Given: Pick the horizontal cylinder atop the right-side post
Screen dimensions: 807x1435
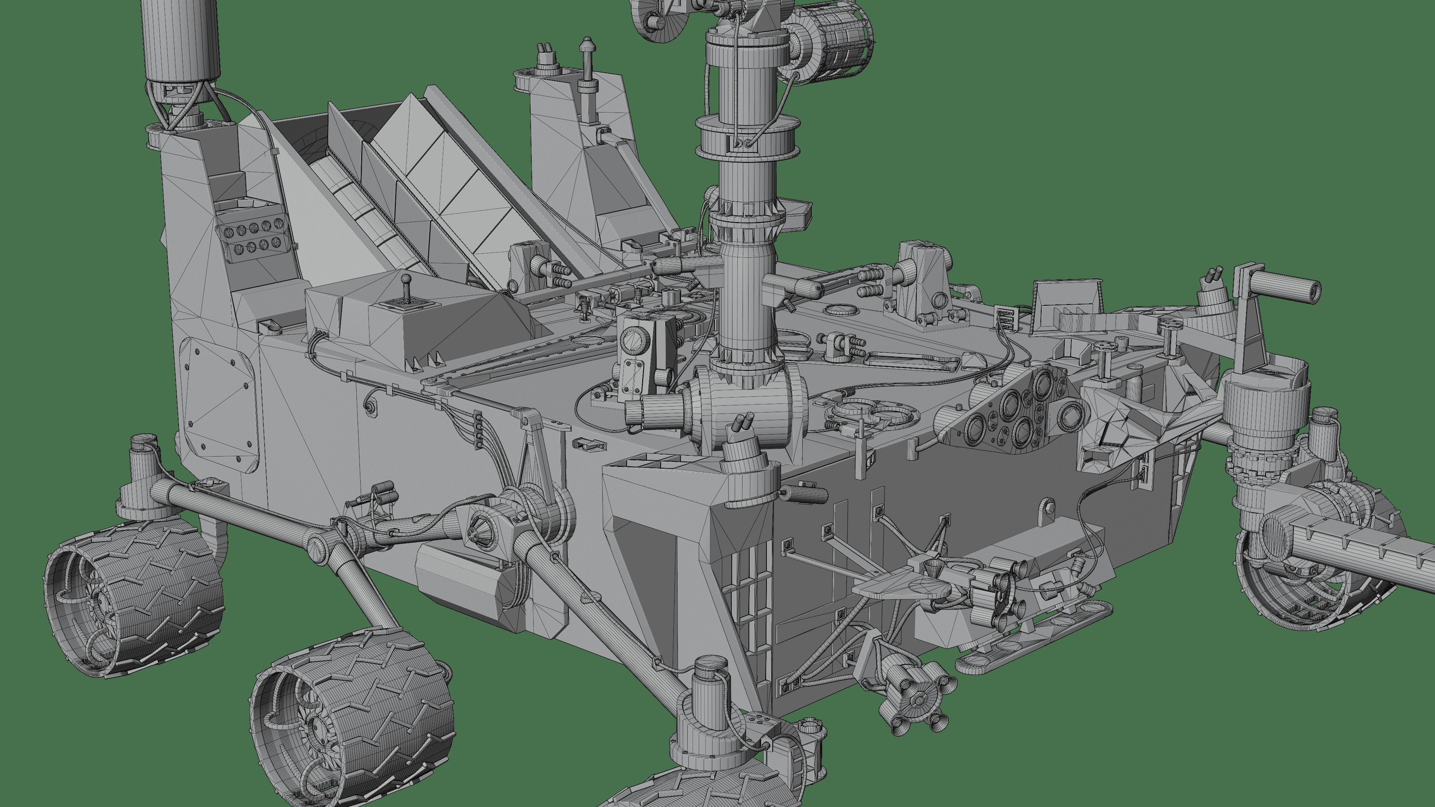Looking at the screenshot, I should click(x=1281, y=288).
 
